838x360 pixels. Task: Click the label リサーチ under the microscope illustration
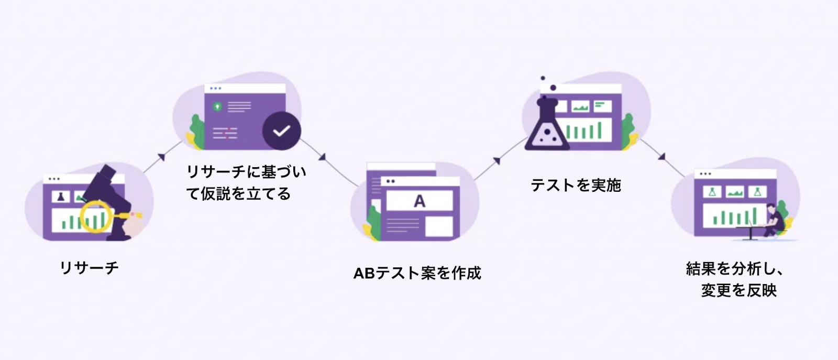89,268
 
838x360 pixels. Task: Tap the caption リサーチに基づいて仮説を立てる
246,182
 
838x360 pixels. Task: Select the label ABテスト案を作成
417,273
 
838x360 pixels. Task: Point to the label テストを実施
576,185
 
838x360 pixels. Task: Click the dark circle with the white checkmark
281,130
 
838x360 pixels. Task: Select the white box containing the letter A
420,201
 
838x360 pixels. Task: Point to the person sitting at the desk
774,220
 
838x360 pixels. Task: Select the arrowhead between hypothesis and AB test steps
322,157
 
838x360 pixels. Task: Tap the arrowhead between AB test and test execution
496,160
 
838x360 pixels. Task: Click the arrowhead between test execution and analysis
661,156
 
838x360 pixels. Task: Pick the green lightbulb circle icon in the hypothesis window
217,106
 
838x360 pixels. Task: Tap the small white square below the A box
439,226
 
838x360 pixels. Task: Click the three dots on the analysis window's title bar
705,174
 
